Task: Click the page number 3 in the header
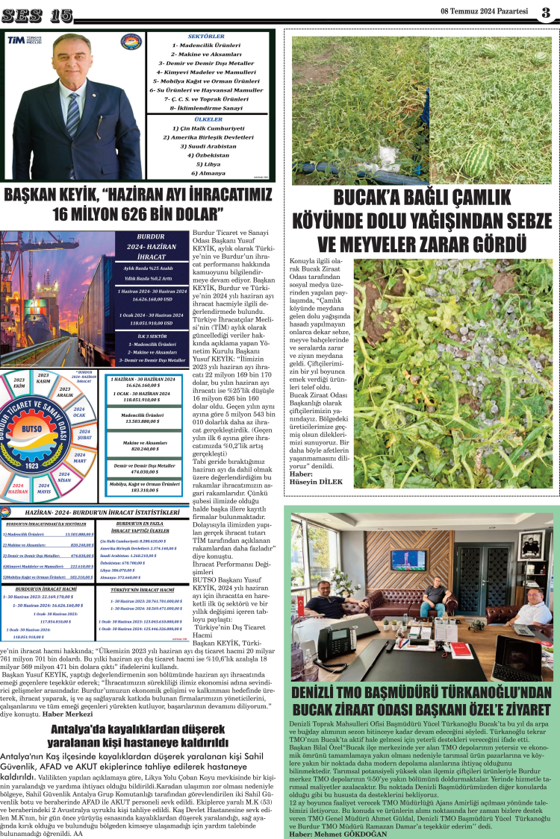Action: (546, 12)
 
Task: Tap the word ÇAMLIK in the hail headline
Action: (486, 199)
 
